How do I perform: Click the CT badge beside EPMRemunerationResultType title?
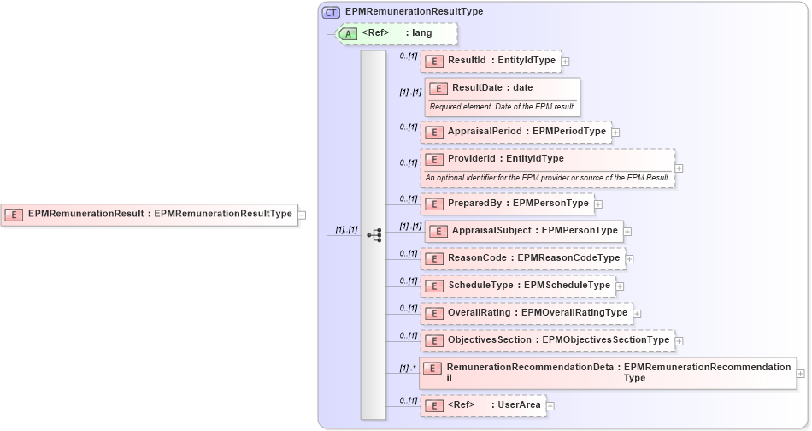(x=331, y=12)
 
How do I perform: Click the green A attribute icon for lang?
(x=348, y=33)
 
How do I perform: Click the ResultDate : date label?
(x=492, y=87)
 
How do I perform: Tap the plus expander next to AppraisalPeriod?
(x=615, y=133)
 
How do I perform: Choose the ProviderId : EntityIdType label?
(x=505, y=158)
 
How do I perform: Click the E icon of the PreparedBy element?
(x=434, y=204)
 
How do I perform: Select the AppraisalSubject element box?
(x=523, y=231)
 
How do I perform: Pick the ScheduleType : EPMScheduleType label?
(x=528, y=285)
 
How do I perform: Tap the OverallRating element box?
(x=526, y=313)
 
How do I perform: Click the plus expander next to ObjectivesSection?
(x=680, y=341)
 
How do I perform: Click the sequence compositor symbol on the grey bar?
(x=374, y=235)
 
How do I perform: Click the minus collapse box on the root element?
(x=302, y=215)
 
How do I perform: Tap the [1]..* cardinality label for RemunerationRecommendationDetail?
(x=408, y=369)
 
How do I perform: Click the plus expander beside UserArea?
(x=550, y=405)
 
